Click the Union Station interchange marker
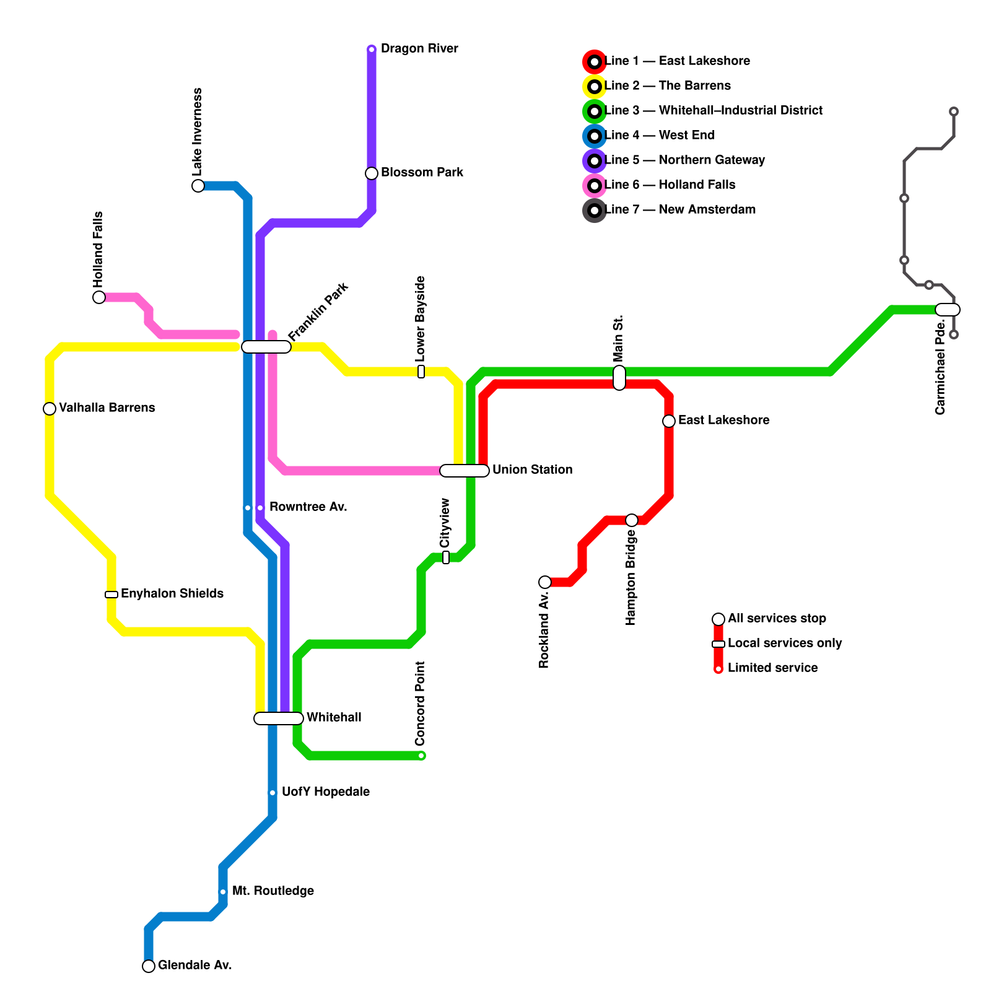tap(465, 471)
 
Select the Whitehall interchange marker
tap(279, 718)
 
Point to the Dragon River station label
tap(419, 49)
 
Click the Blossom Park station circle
tap(372, 173)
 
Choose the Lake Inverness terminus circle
tap(198, 186)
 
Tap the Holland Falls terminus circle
tap(99, 297)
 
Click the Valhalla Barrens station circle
tap(50, 409)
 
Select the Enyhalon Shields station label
tap(172, 594)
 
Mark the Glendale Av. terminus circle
tap(149, 966)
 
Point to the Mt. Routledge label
tap(273, 891)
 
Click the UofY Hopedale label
tap(326, 792)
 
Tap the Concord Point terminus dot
tap(421, 756)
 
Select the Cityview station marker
tap(446, 557)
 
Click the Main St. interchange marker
tap(619, 378)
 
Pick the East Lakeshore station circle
tap(669, 421)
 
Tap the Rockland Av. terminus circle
tap(545, 582)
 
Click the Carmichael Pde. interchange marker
tap(948, 310)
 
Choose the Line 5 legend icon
tap(595, 161)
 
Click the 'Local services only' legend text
tap(785, 644)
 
